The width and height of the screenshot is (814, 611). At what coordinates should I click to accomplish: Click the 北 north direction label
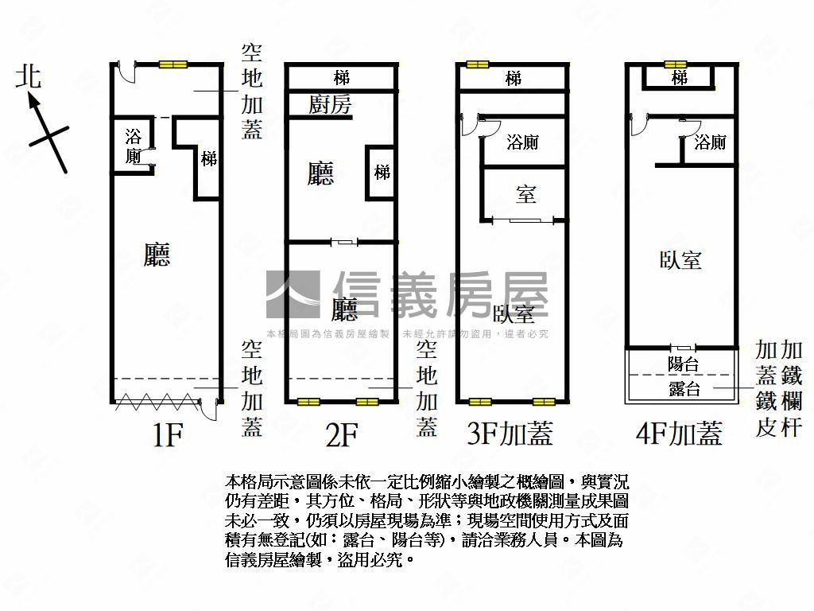(x=29, y=77)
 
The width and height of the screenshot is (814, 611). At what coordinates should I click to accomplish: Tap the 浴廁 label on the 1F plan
(x=134, y=146)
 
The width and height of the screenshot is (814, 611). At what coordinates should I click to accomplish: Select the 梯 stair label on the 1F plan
(x=208, y=158)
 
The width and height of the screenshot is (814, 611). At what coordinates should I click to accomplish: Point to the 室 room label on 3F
(x=525, y=193)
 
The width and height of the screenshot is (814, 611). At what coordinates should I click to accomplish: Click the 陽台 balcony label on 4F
(x=683, y=364)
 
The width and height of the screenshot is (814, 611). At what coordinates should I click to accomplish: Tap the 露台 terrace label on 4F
(x=683, y=388)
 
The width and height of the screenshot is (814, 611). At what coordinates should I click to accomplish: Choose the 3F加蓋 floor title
(x=510, y=434)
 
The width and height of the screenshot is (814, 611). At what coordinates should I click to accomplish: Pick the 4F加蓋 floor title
(x=679, y=434)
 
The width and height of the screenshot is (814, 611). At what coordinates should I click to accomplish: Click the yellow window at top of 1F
(x=172, y=64)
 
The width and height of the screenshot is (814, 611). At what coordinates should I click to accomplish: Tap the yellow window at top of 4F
(x=676, y=64)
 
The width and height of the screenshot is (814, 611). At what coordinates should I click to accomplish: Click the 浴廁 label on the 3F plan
(x=522, y=142)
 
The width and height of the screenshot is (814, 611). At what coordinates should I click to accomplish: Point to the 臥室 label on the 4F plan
(x=680, y=259)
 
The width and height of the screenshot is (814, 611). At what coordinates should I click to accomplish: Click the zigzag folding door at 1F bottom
(x=154, y=403)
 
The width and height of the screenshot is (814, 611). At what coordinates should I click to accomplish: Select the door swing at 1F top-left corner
(x=125, y=72)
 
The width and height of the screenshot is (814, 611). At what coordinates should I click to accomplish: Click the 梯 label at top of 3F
(x=514, y=79)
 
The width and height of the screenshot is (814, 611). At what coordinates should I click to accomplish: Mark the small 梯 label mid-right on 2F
(x=382, y=171)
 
